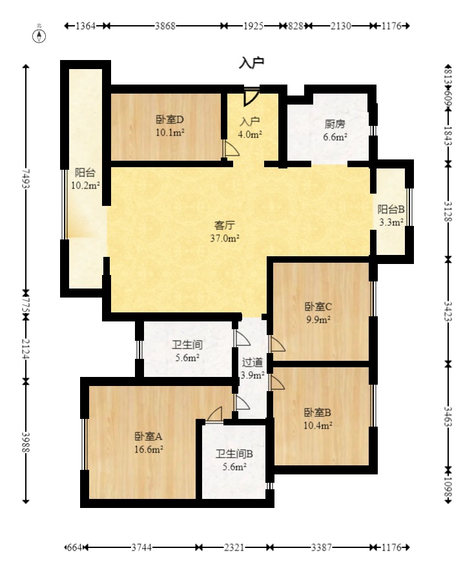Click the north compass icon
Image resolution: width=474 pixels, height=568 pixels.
point(39,35)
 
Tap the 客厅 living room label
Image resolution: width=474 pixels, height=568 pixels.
point(224,226)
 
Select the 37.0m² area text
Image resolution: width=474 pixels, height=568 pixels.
point(224,238)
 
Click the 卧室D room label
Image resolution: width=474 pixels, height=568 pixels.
point(170,119)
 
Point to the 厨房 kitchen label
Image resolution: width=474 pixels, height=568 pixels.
point(334,125)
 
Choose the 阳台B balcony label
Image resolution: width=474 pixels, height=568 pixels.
point(391,210)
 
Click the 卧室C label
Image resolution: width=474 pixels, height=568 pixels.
point(318,307)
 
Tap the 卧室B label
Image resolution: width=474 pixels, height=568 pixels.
point(318,412)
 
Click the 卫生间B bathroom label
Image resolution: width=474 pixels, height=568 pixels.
point(234,454)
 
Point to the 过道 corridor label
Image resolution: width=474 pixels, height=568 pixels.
point(252,362)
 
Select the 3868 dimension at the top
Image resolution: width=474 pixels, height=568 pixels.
point(165,26)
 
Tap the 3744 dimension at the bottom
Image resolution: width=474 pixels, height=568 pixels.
point(142,548)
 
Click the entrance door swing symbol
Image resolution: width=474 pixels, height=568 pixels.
point(251,97)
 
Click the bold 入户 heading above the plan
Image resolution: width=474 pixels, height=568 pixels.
point(252,63)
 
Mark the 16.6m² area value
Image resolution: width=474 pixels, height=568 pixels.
point(149,449)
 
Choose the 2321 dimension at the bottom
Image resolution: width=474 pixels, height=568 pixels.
point(234,548)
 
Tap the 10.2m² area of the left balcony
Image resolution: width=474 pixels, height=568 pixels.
point(85,186)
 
